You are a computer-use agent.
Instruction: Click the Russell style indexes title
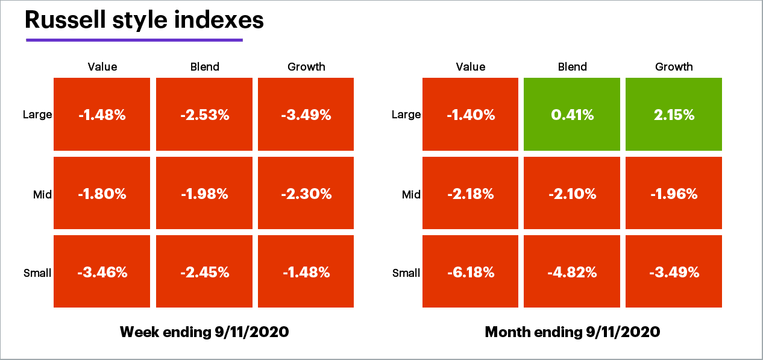[144, 20]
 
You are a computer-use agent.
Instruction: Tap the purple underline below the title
[134, 40]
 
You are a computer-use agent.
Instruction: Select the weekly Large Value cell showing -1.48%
[102, 115]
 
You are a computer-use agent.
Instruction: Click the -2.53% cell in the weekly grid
[204, 115]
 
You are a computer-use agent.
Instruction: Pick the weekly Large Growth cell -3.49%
[306, 115]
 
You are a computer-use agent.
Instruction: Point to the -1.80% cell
[102, 194]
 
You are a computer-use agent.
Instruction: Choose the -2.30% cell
[306, 194]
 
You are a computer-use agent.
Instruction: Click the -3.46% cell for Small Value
[102, 272]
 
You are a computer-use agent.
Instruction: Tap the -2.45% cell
[204, 272]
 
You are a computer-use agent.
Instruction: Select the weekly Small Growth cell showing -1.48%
[306, 272]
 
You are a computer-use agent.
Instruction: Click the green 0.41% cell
[572, 115]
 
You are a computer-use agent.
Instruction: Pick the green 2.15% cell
[674, 115]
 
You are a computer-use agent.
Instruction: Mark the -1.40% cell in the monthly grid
[470, 115]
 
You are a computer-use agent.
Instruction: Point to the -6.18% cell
[470, 272]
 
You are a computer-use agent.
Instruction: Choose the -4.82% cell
[572, 272]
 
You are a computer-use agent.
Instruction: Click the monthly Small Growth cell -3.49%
[674, 272]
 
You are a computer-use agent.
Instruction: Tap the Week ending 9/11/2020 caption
[204, 332]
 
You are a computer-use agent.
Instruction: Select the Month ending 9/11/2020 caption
[572, 332]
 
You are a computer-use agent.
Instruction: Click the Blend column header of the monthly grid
[572, 67]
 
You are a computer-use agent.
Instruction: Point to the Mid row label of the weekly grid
[42, 194]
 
